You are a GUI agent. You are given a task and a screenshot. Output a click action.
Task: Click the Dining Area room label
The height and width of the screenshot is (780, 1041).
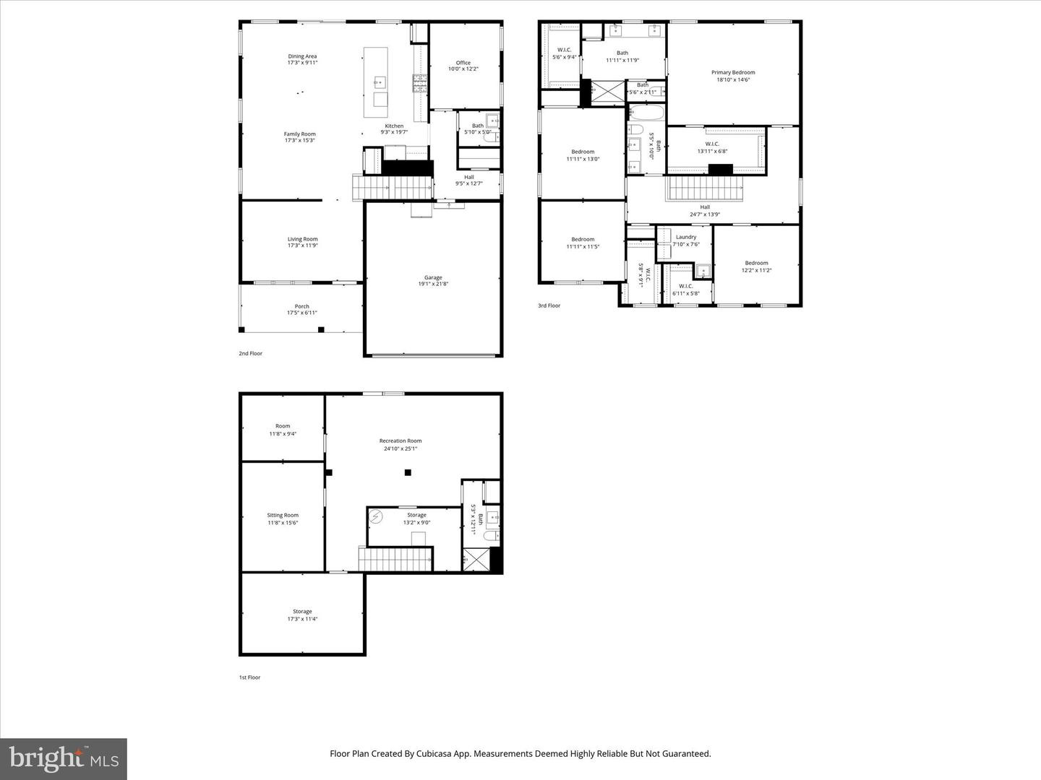click(302, 56)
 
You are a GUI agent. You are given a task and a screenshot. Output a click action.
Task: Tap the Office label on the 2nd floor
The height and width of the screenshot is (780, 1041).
click(463, 63)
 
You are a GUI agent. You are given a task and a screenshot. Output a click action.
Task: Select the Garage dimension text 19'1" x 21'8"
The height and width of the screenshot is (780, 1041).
click(433, 284)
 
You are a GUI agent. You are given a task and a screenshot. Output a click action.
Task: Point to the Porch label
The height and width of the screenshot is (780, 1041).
click(301, 306)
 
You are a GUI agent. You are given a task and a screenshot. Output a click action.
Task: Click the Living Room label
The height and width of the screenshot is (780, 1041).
click(302, 239)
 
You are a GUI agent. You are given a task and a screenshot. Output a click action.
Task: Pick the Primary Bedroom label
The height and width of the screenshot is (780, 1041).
click(733, 72)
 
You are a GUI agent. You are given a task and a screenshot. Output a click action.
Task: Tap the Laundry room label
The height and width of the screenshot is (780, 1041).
click(686, 237)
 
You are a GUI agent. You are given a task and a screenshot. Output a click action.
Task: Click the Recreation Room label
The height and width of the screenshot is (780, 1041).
click(400, 441)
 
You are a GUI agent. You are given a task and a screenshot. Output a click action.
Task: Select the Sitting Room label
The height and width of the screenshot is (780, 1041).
click(283, 516)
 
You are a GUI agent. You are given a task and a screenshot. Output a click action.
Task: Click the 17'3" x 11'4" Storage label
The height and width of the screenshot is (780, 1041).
click(302, 612)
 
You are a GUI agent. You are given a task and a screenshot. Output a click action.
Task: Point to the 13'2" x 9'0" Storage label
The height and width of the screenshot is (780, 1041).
click(416, 515)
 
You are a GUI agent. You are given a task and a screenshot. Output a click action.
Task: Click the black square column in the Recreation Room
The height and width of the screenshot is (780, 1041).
click(408, 472)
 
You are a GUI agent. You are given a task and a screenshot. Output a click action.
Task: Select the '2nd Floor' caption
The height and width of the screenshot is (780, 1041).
click(251, 353)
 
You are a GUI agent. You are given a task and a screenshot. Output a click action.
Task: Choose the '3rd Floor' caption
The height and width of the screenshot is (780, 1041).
click(549, 305)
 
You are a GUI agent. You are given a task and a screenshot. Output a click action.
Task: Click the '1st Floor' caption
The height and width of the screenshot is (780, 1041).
click(249, 677)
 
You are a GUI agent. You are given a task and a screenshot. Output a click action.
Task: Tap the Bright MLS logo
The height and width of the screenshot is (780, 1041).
click(64, 758)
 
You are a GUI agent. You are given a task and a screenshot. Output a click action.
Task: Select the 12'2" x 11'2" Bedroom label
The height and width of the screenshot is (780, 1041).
click(756, 263)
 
